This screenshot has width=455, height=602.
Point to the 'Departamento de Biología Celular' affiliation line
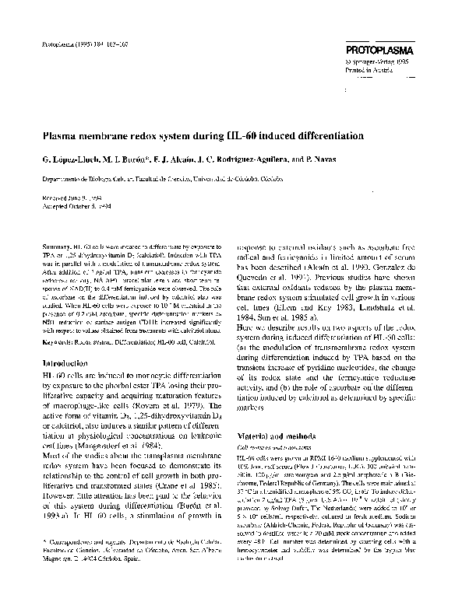point(86,177)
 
